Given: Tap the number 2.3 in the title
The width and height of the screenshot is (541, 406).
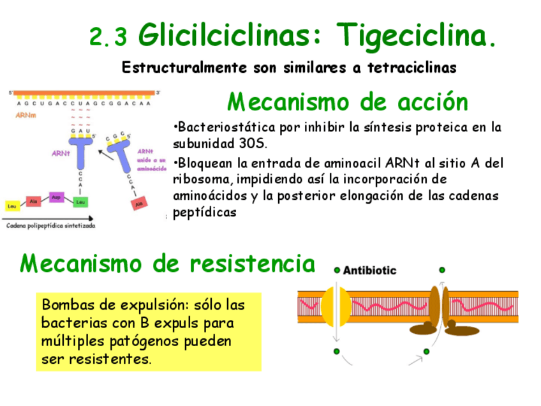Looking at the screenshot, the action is [x=108, y=37].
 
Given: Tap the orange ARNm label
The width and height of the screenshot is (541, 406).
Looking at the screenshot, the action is [x=25, y=116].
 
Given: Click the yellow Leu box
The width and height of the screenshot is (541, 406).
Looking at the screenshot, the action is [x=11, y=206].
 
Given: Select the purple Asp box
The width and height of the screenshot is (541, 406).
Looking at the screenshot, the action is [x=56, y=197].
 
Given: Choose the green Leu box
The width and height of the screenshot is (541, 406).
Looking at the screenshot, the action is [x=80, y=202].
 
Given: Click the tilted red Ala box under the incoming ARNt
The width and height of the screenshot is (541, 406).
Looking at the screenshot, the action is [x=138, y=204].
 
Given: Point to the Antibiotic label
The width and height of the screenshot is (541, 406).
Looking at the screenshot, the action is [x=369, y=270].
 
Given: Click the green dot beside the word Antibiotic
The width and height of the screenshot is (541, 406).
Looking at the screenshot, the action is [x=337, y=270].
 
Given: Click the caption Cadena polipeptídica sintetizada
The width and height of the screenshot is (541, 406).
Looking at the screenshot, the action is [x=50, y=225].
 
